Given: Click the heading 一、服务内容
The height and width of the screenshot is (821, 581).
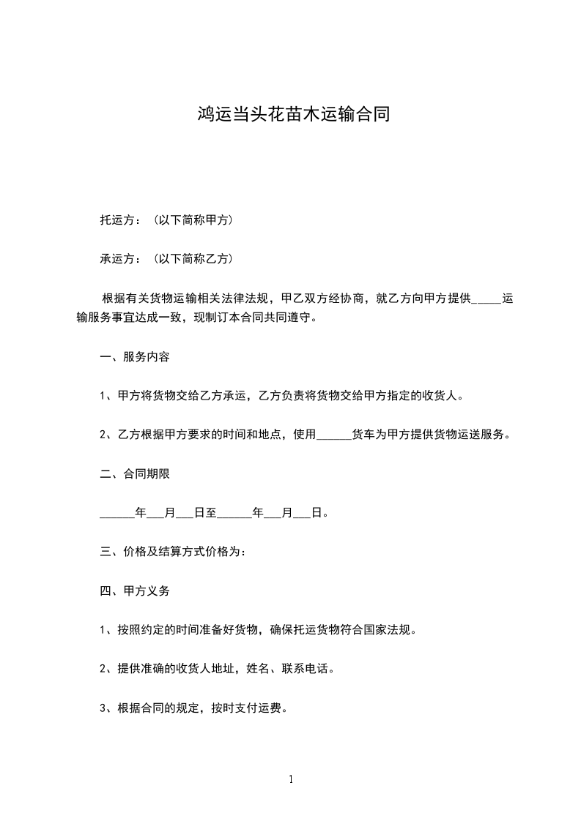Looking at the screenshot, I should (135, 357).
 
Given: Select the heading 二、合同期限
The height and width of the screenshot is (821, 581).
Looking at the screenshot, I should (135, 473).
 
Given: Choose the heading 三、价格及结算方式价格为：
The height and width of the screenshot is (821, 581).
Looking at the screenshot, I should (173, 551).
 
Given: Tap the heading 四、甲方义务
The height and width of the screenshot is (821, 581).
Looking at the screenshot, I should (135, 590).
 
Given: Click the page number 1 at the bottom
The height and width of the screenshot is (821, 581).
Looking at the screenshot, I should (291, 779).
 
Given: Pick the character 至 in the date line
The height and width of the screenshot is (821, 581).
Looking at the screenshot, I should (212, 512).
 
